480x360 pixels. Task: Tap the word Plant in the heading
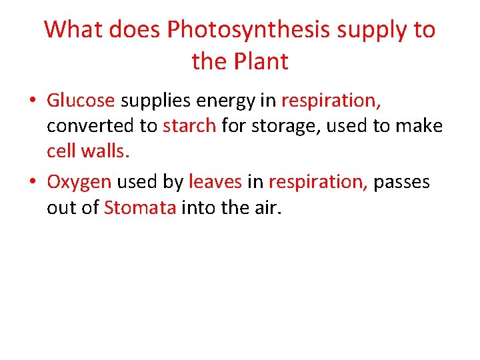(264, 62)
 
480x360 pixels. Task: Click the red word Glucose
(81, 101)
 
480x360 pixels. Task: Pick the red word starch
(189, 125)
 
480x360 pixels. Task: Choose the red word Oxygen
(79, 183)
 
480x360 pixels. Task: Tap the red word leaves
(215, 183)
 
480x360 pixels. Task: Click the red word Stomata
(140, 208)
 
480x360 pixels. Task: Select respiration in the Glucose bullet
(331, 101)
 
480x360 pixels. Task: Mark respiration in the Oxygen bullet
(318, 183)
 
